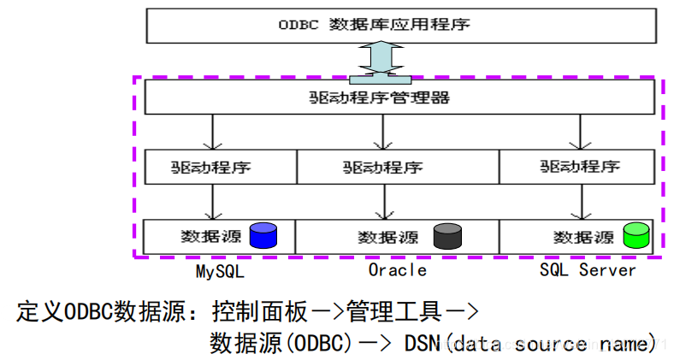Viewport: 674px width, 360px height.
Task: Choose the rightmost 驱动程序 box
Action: pyautogui.click(x=579, y=166)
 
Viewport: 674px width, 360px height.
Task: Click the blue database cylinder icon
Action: pyautogui.click(x=263, y=235)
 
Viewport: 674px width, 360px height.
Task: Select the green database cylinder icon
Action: pyautogui.click(x=637, y=235)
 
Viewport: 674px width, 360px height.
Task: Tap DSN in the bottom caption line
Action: pyautogui.click(x=422, y=343)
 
